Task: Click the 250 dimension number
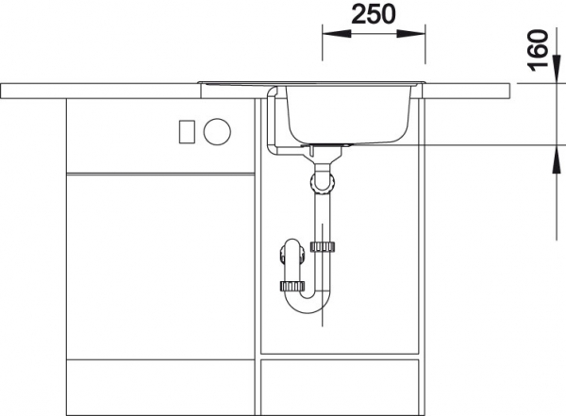click(x=374, y=14)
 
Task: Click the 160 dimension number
click(x=538, y=51)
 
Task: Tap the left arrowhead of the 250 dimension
click(x=337, y=34)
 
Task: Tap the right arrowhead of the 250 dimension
click(x=411, y=34)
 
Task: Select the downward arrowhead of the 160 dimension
click(x=557, y=70)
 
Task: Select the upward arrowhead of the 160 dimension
click(x=557, y=159)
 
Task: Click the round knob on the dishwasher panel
click(x=217, y=131)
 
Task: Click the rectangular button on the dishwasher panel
click(x=187, y=131)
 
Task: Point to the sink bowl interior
click(x=348, y=114)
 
